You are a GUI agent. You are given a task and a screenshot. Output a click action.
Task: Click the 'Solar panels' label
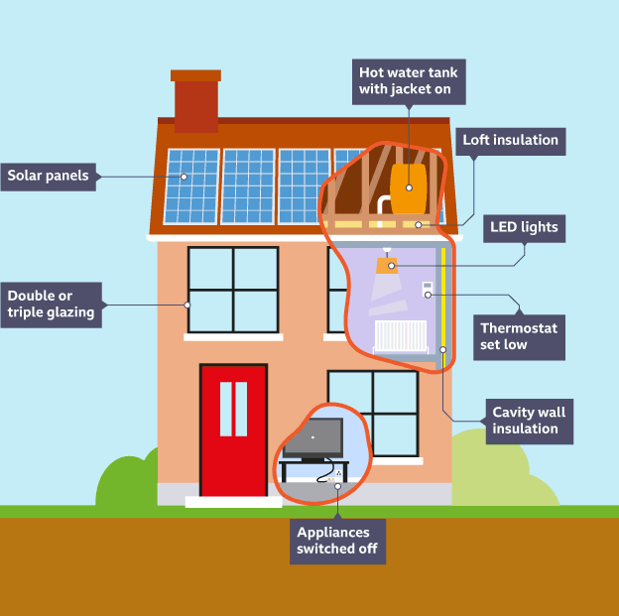49,177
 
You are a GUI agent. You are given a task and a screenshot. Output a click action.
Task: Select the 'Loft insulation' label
510,140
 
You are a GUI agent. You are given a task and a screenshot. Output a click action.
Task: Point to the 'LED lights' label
524,227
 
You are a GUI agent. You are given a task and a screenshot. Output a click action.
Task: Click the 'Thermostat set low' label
518,336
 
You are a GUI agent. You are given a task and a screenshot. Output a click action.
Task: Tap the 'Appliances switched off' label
336,542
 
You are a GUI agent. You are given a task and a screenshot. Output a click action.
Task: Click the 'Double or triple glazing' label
51,305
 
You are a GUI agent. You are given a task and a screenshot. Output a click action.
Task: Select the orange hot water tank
409,187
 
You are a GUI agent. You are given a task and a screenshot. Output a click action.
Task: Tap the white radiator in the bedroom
399,336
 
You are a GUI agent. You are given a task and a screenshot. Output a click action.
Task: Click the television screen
312,436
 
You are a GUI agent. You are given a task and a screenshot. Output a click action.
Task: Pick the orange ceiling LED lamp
387,265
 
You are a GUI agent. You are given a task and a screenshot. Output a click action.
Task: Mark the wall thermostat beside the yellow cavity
428,289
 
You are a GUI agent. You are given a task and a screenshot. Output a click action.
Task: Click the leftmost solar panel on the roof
191,186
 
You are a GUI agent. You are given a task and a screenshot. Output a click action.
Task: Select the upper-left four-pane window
233,290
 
